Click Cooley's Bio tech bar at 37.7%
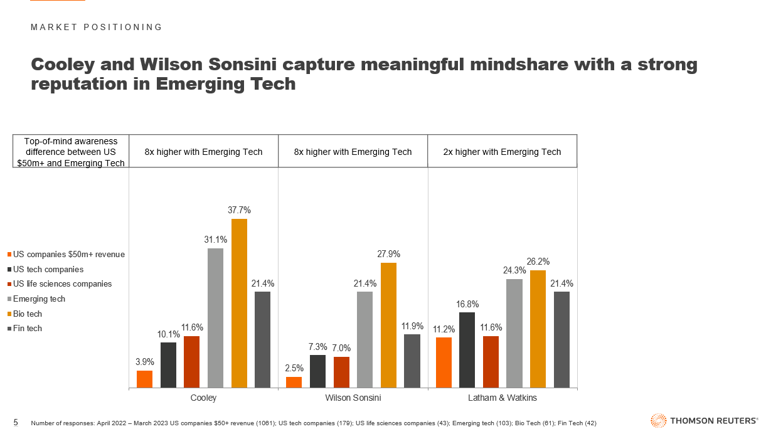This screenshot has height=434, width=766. [x=239, y=304]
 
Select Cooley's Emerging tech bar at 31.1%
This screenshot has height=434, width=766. [x=215, y=318]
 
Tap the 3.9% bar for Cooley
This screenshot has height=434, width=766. [x=144, y=379]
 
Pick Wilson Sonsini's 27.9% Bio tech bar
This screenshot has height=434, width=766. [x=388, y=325]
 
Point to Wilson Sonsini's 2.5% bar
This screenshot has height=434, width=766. [x=294, y=382]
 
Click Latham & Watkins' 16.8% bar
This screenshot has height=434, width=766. [x=467, y=350]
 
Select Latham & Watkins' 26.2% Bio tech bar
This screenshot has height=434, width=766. [x=538, y=329]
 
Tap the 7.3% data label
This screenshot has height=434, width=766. [x=317, y=346]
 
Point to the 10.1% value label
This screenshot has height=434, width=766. [x=168, y=334]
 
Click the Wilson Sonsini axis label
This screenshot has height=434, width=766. [x=353, y=398]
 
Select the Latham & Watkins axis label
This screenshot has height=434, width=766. [x=503, y=398]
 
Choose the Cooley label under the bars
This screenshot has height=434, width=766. [x=203, y=398]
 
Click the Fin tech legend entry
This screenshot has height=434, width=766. [x=28, y=328]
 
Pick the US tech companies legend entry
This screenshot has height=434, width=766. [x=48, y=269]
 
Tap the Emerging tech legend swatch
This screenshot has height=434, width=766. [x=9, y=299]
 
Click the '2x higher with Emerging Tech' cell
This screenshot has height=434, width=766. [x=502, y=152]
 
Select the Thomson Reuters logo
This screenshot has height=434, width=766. [x=705, y=421]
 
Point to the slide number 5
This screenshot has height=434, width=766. [x=16, y=421]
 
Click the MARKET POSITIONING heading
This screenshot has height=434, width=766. [x=97, y=27]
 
